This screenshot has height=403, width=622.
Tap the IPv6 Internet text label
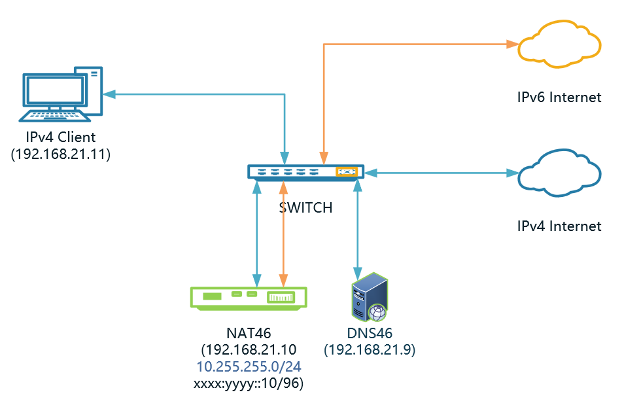(x=559, y=97)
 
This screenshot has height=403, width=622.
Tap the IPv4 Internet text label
(x=559, y=226)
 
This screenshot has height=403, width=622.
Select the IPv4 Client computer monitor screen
(x=54, y=90)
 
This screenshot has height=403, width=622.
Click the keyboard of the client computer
(x=54, y=116)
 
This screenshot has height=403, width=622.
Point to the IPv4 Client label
(x=61, y=137)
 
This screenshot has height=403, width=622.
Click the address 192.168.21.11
(x=61, y=154)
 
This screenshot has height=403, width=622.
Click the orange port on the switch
(x=347, y=172)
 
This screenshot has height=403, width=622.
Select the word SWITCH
(x=305, y=208)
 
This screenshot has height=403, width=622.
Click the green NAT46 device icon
(x=249, y=298)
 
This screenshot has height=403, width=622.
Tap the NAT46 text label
(x=249, y=333)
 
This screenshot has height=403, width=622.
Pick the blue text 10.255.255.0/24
(x=249, y=366)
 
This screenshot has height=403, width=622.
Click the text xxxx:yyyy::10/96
(x=248, y=383)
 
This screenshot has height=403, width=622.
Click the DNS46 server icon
(x=370, y=297)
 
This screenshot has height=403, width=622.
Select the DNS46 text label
(x=370, y=333)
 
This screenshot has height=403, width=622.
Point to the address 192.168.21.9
(x=370, y=350)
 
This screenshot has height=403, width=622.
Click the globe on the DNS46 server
(x=377, y=313)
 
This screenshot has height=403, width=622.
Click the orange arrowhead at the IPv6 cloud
(x=513, y=44)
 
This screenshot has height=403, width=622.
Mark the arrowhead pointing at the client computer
(x=109, y=94)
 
